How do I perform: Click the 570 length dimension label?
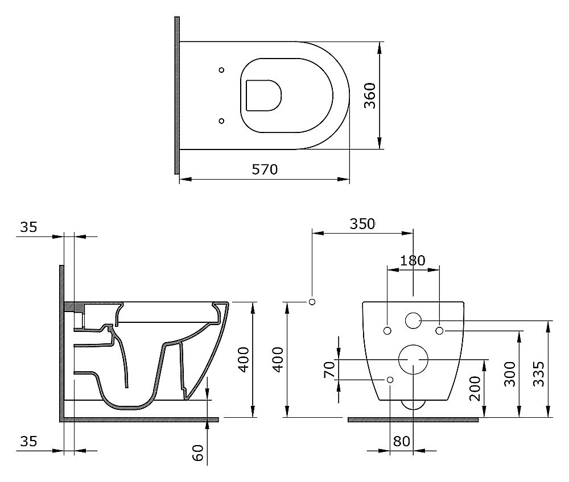pyautogui.click(x=265, y=169)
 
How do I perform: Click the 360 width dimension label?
pyautogui.click(x=370, y=95)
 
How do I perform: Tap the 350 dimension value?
pyautogui.click(x=362, y=224)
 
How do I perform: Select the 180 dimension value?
pyautogui.click(x=413, y=260)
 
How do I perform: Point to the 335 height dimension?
pyautogui.click(x=538, y=373)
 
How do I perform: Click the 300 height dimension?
pyautogui.click(x=509, y=373)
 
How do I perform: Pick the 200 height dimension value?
pyautogui.click(x=475, y=389)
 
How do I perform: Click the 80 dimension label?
pyautogui.click(x=401, y=441)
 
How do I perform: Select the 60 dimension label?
pyautogui.click(x=198, y=452)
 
